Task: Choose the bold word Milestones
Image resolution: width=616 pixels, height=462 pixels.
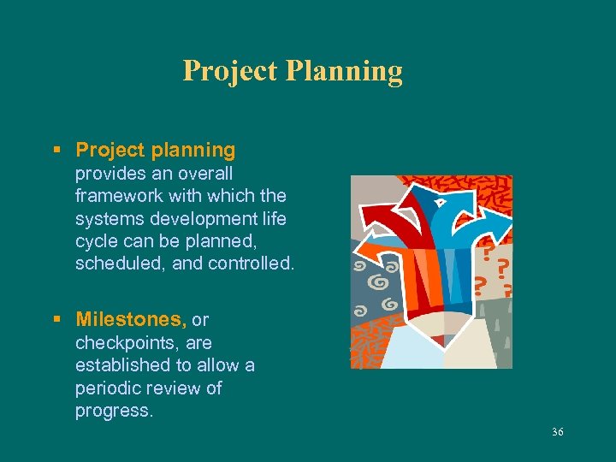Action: pos(131,320)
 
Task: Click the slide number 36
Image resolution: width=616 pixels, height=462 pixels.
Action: pos(558,433)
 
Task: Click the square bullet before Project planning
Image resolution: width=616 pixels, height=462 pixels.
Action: pos(56,151)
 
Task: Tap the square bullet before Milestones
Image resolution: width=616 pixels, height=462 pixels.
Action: pos(56,321)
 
